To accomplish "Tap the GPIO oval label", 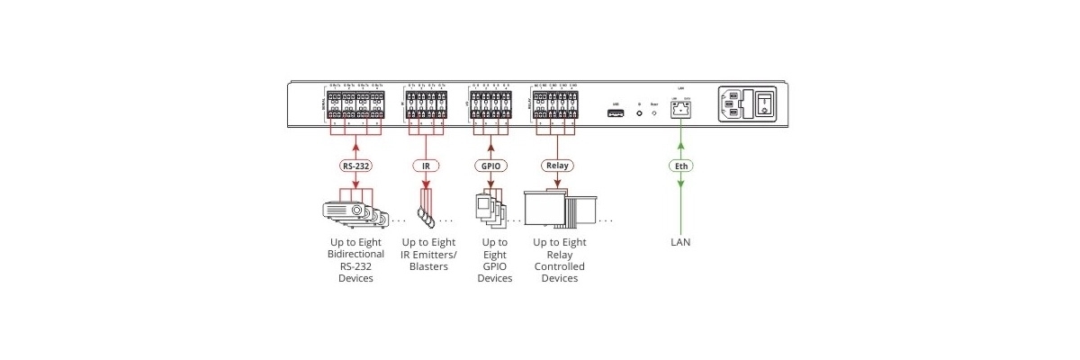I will pyautogui.click(x=490, y=166).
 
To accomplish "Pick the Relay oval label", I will pyautogui.click(x=555, y=166).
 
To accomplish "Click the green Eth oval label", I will pyautogui.click(x=680, y=166).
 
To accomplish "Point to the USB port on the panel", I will pyautogui.click(x=616, y=113).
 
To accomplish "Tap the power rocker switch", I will pyautogui.click(x=764, y=103).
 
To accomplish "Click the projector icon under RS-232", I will pyautogui.click(x=352, y=211).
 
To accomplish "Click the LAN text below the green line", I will pyautogui.click(x=680, y=242).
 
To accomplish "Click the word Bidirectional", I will pyautogui.click(x=355, y=255).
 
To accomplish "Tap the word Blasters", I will pyautogui.click(x=428, y=266).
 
